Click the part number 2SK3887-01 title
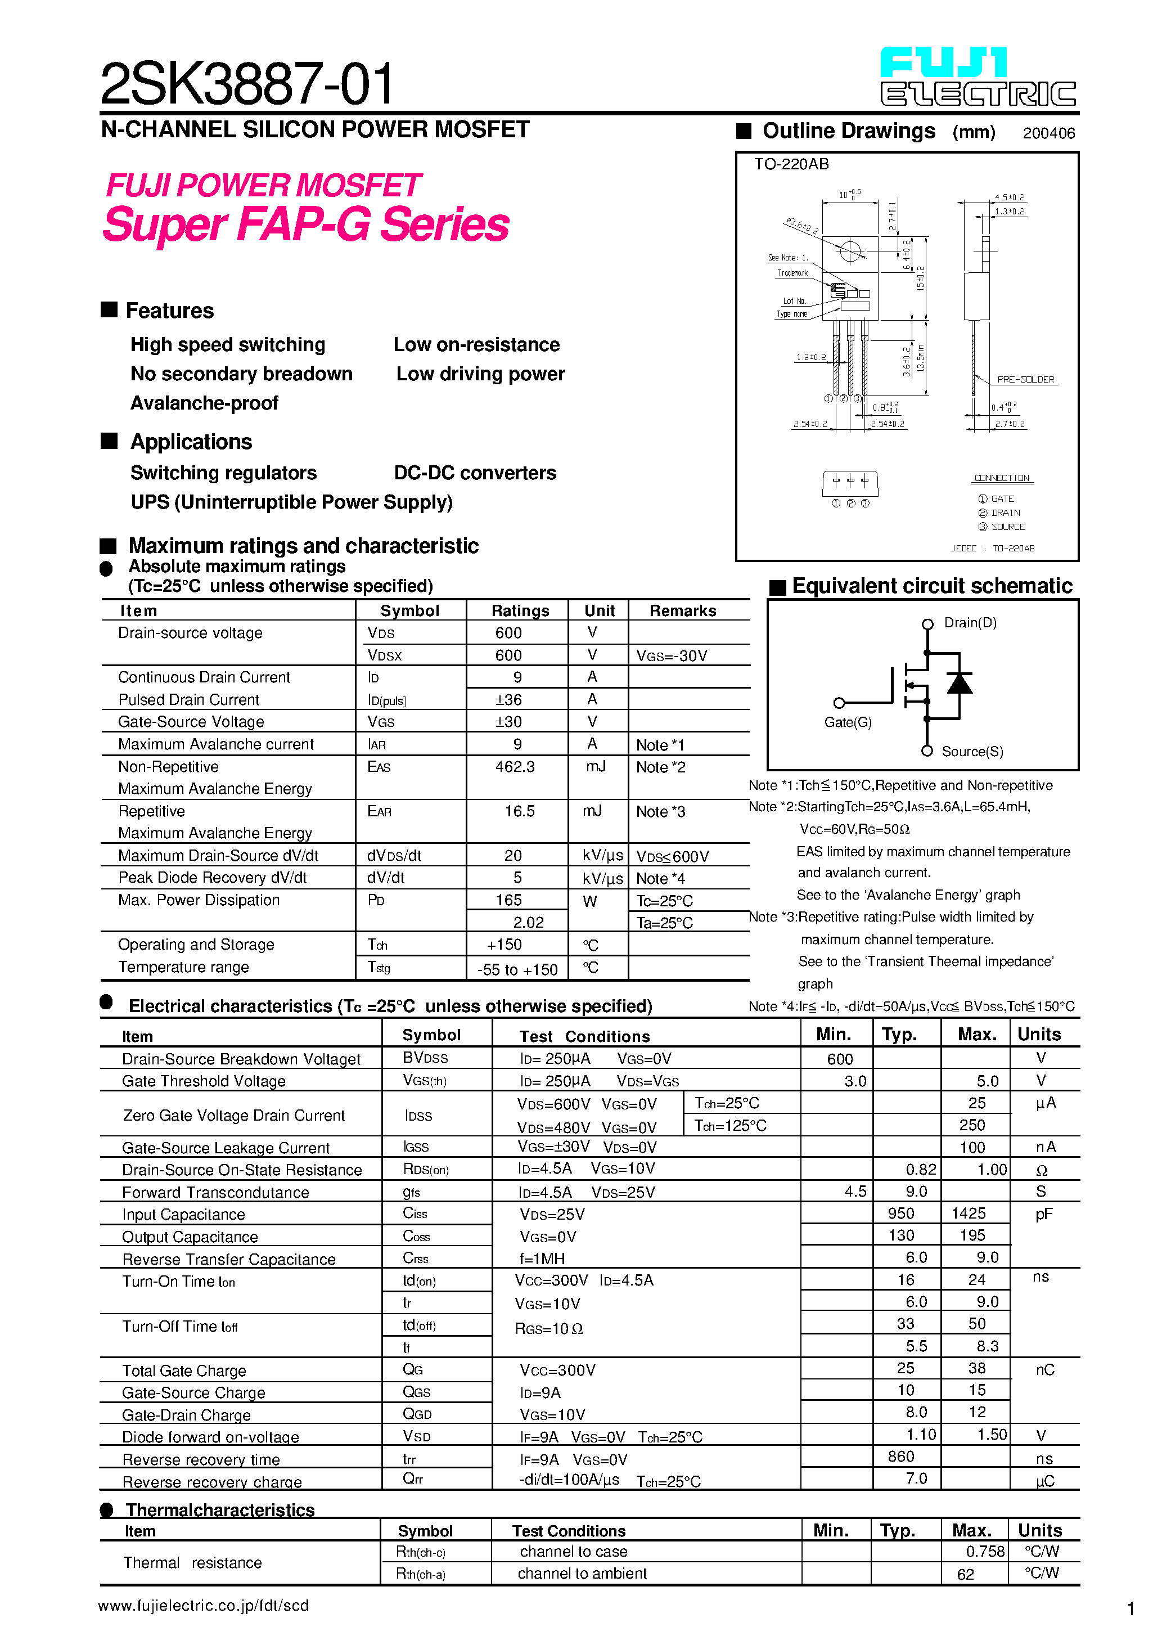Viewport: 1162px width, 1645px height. click(x=246, y=83)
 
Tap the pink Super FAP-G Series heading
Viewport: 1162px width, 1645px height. click(x=306, y=224)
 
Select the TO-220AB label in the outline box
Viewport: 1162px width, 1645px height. click(x=791, y=164)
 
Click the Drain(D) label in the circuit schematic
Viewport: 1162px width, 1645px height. click(x=970, y=623)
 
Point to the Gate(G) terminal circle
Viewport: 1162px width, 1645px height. click(x=839, y=703)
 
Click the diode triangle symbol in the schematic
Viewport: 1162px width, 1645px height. click(x=960, y=684)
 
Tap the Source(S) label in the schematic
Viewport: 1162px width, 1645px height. click(x=972, y=752)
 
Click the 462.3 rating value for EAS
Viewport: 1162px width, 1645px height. click(x=515, y=767)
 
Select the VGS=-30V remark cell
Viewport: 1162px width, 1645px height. click(x=671, y=655)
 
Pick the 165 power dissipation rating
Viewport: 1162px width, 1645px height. click(x=508, y=900)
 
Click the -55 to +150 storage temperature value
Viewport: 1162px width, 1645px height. click(x=517, y=969)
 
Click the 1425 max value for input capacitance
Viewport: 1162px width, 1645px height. click(x=969, y=1213)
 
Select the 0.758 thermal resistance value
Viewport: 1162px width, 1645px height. click(x=985, y=1551)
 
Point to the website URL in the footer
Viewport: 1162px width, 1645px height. click(x=204, y=1606)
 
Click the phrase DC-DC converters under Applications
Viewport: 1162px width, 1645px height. click(x=475, y=473)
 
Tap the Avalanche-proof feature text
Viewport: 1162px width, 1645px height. click(x=204, y=403)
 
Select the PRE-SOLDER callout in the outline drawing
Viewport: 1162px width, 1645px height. click(x=1025, y=380)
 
